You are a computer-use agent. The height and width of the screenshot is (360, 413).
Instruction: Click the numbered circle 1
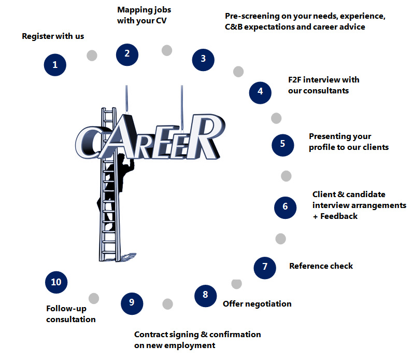pyautogui.click(x=55, y=65)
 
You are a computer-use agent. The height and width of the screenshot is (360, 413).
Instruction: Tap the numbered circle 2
pyautogui.click(x=127, y=53)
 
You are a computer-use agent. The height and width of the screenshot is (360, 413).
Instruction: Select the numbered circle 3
pyautogui.click(x=203, y=59)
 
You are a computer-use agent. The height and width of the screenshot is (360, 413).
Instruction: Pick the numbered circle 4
pyautogui.click(x=260, y=91)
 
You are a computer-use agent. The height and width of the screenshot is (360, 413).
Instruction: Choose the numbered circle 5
pyautogui.click(x=283, y=144)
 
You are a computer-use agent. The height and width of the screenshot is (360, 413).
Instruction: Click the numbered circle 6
pyautogui.click(x=285, y=206)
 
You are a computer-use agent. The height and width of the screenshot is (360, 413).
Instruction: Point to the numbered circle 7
pyautogui.click(x=265, y=267)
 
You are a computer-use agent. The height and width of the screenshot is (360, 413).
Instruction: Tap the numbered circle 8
pyautogui.click(x=205, y=295)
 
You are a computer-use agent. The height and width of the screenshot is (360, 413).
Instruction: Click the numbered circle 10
pyautogui.click(x=56, y=282)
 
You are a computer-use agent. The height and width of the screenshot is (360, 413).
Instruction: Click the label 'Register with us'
pyautogui.click(x=53, y=36)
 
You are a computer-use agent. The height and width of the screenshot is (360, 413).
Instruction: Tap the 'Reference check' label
pyautogui.click(x=321, y=266)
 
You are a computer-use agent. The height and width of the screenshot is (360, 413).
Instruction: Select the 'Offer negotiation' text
pyautogui.click(x=257, y=303)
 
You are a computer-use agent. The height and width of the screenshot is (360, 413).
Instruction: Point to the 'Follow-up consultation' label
pyautogui.click(x=71, y=314)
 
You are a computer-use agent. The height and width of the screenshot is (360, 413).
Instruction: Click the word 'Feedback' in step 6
pyautogui.click(x=339, y=216)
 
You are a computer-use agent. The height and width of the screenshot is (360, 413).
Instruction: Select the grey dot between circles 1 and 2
pyautogui.click(x=92, y=56)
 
